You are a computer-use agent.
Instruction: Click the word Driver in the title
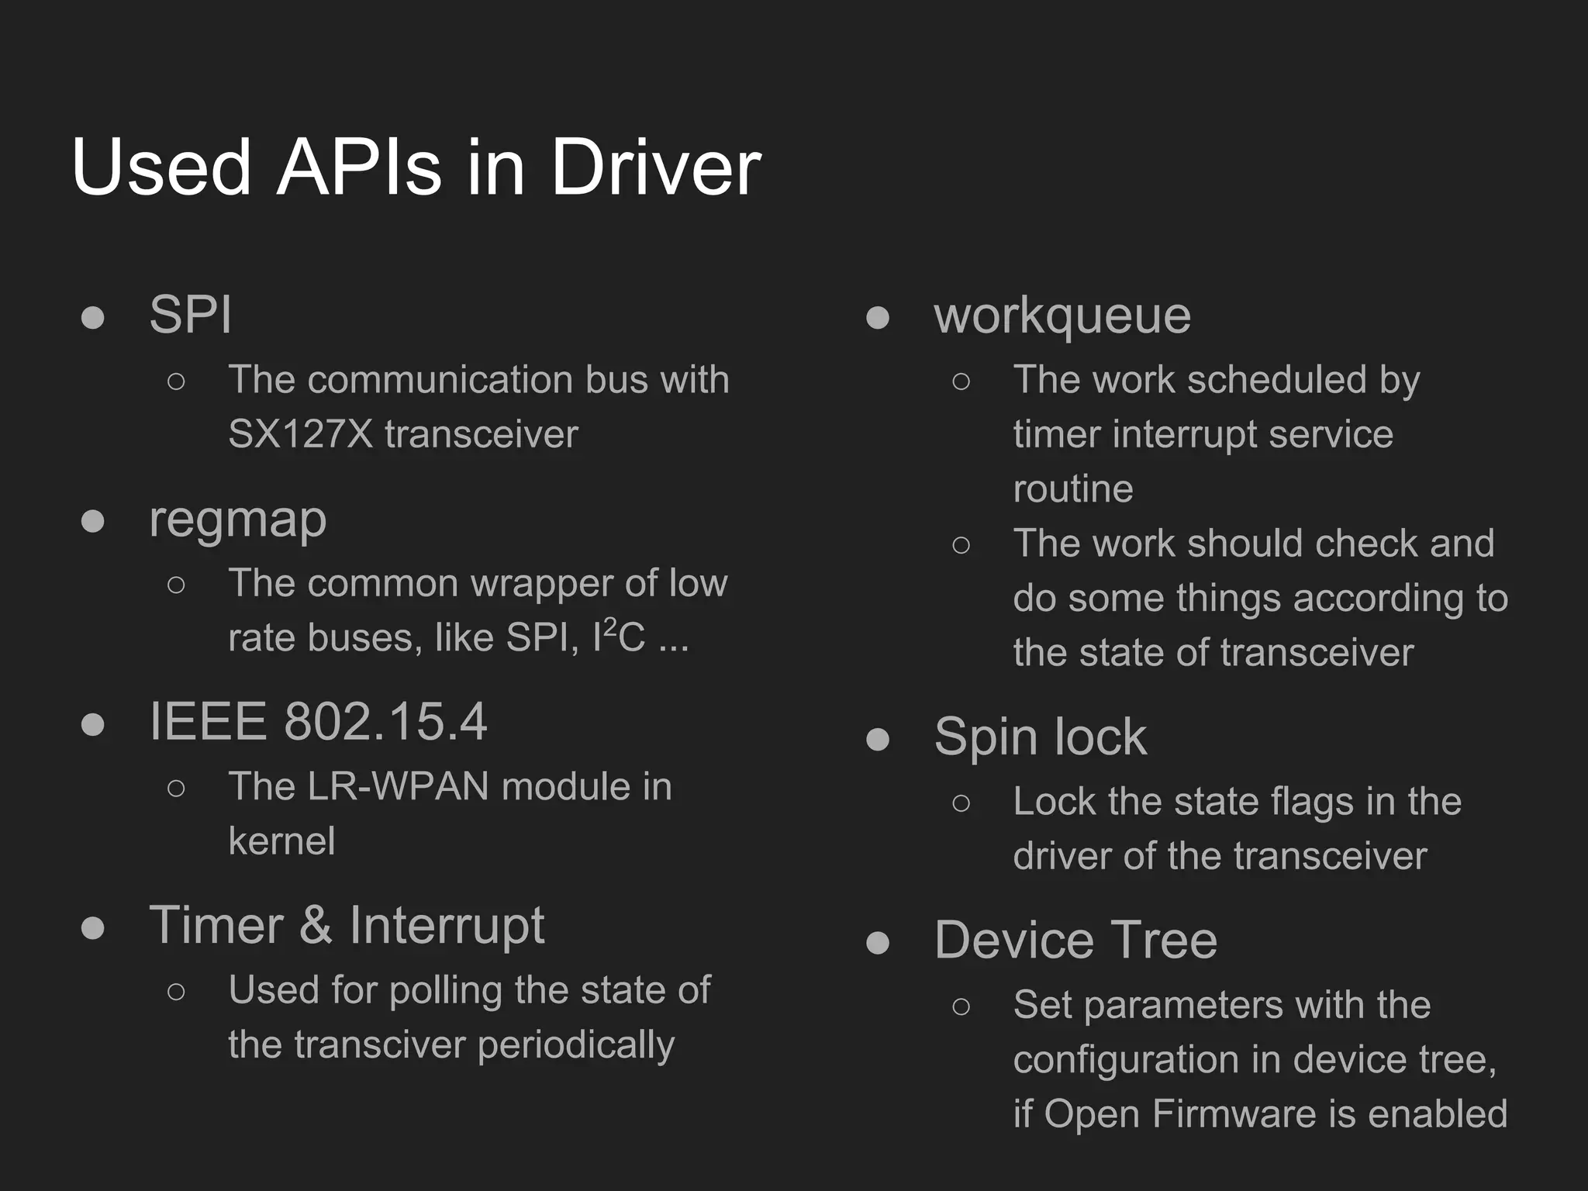655,167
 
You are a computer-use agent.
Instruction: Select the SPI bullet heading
191,315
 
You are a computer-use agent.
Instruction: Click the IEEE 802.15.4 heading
318,722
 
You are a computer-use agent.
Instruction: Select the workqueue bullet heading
1062,316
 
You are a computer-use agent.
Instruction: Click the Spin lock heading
1040,737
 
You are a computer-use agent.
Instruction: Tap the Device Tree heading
1075,940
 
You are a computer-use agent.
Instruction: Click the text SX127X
301,434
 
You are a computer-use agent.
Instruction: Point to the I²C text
618,637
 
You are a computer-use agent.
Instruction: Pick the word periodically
576,1046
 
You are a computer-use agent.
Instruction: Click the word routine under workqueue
1073,489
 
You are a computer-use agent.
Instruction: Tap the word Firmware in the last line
1234,1114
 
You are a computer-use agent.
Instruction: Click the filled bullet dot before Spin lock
878,739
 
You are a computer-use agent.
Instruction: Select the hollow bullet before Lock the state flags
961,803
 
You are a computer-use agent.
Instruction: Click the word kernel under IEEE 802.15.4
281,841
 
